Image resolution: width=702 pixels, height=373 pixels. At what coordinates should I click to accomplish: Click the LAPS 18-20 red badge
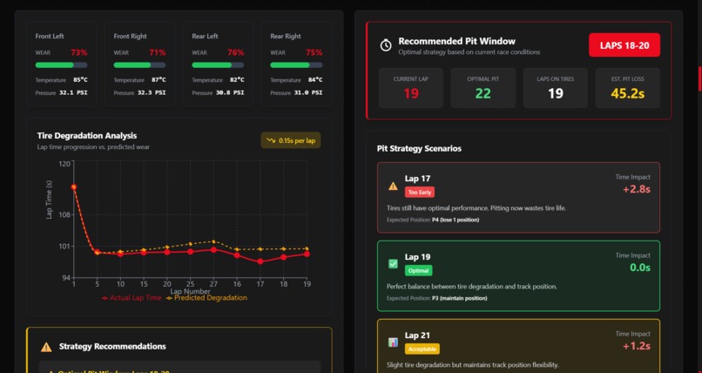(624, 45)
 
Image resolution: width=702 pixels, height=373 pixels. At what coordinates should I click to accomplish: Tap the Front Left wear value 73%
(78, 52)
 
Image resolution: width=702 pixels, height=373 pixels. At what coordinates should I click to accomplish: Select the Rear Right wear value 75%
(314, 52)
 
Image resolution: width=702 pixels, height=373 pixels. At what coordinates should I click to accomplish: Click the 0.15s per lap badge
(291, 140)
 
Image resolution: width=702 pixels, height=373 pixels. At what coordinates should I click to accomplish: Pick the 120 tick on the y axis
(65, 163)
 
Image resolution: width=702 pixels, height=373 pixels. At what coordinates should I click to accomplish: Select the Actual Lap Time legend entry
(132, 298)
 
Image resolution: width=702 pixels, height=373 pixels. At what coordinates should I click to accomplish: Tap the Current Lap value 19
(411, 94)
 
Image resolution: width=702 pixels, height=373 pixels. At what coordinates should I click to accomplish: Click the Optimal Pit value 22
(483, 94)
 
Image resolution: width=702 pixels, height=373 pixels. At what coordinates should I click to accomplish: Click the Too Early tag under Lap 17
(419, 192)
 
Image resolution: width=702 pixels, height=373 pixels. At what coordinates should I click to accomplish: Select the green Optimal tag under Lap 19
(418, 270)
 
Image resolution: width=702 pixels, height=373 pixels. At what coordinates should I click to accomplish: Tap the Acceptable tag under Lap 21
(422, 349)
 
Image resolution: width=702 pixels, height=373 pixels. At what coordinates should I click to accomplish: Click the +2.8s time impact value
(636, 189)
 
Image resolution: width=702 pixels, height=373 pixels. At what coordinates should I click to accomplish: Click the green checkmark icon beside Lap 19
(393, 263)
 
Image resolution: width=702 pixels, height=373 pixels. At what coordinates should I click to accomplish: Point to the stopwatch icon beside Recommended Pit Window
(386, 45)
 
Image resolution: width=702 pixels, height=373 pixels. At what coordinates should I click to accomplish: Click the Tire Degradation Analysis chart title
(87, 136)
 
